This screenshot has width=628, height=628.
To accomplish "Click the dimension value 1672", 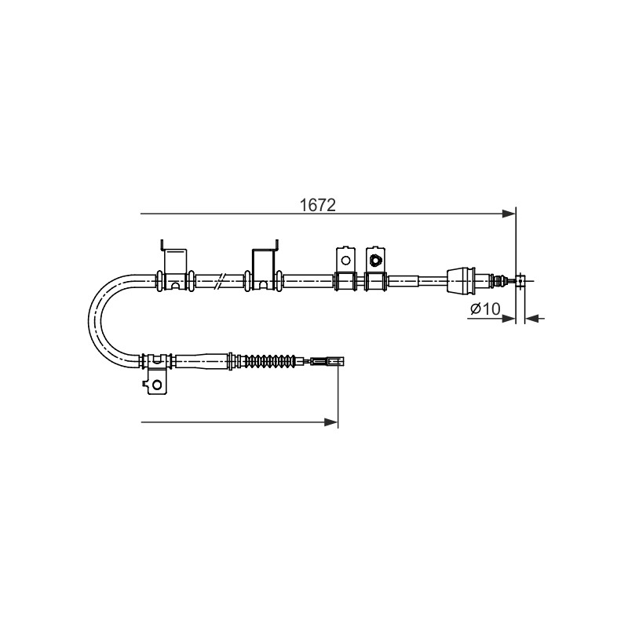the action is [x=318, y=206].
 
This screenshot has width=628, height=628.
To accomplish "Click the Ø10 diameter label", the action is [x=485, y=309].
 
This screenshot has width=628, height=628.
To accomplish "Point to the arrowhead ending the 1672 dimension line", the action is [x=509, y=214].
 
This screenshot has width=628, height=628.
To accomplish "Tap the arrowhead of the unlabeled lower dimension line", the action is [x=331, y=422].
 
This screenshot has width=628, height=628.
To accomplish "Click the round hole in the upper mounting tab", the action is [x=345, y=261].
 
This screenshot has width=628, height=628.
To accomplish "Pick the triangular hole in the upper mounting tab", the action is [x=375, y=261].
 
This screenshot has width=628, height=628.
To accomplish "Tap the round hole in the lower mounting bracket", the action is [x=157, y=385].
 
